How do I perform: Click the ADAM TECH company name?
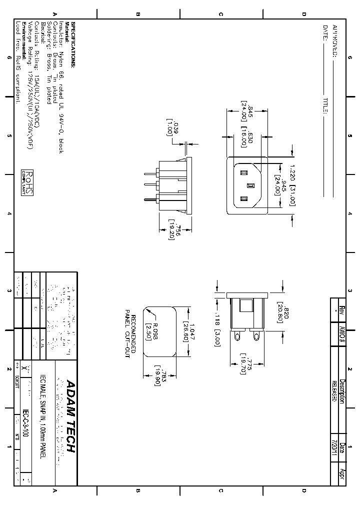[70, 416]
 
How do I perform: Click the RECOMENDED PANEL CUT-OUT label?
[130, 332]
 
